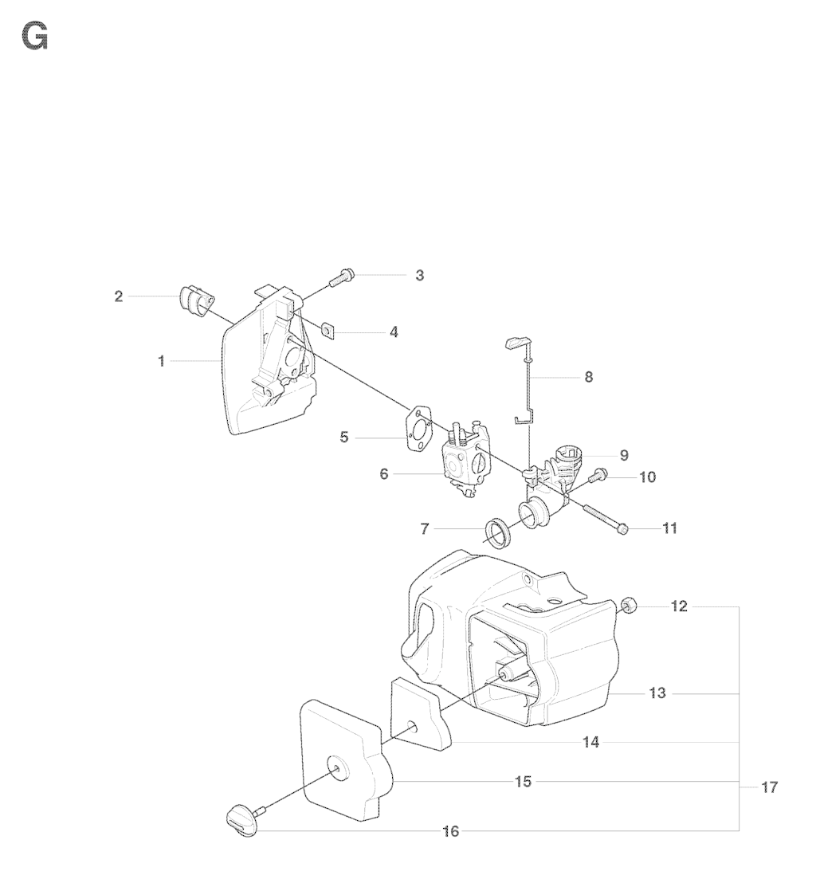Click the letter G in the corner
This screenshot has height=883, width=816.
coord(35,37)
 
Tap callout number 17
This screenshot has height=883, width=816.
coord(769,787)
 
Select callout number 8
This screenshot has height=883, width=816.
coord(588,377)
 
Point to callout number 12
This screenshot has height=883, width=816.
coord(679,606)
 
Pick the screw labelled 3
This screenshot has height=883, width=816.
coord(340,277)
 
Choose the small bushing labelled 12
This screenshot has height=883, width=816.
coord(629,606)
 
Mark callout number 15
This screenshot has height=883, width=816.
coord(524,781)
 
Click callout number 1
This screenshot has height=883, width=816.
coord(161,361)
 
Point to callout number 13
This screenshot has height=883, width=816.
coord(657,693)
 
